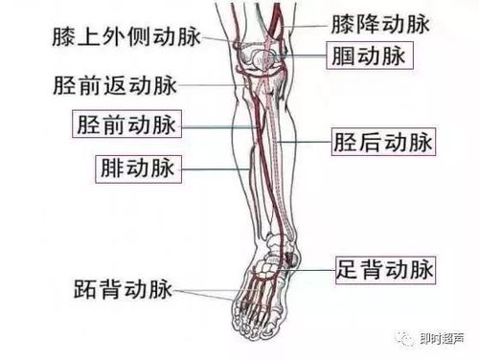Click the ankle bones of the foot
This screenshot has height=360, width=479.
click(281, 254)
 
